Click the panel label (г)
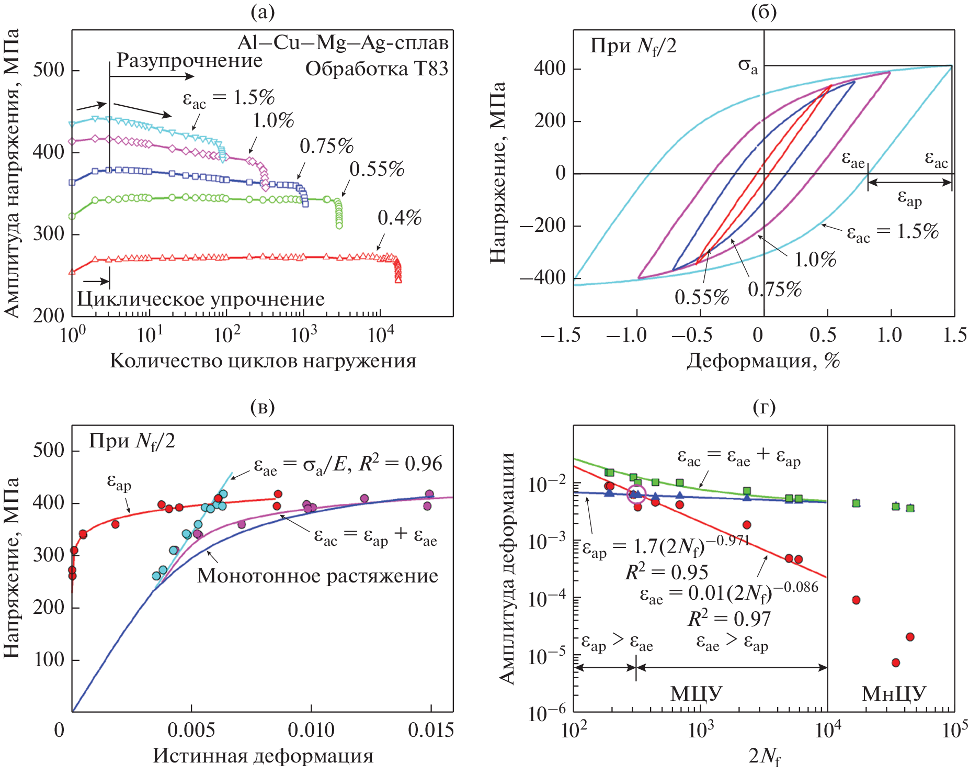coord(764,407)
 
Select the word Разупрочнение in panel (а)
coord(189,61)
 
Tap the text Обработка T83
coord(377,69)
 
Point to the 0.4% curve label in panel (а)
coord(400,218)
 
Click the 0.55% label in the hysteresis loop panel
coord(701,297)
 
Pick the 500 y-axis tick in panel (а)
coord(49,70)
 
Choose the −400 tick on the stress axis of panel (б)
coord(542,277)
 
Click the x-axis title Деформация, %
coord(763,361)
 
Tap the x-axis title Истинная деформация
coord(263,756)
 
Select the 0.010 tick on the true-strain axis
coord(311,730)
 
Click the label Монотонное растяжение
coord(317,576)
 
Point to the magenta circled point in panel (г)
coord(636,494)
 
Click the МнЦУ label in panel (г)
coord(893,694)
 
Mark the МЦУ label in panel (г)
coord(696,694)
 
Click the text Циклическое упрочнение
coord(201,299)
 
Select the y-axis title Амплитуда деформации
coord(507,568)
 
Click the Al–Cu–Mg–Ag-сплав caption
coord(343,42)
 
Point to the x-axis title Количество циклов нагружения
coord(263,361)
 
